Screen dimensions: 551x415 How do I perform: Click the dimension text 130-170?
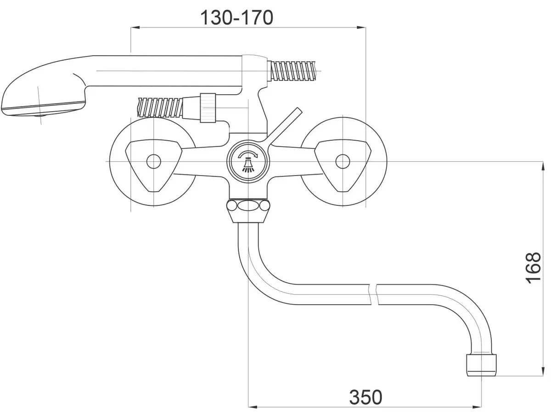[x=237, y=18]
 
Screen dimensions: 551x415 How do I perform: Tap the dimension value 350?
[x=365, y=397]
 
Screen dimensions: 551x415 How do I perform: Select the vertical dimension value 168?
[x=533, y=268]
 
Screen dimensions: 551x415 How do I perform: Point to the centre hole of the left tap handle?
[x=154, y=161]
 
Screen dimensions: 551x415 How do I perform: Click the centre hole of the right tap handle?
[x=343, y=161]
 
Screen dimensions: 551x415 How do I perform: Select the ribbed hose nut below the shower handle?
[x=208, y=108]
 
